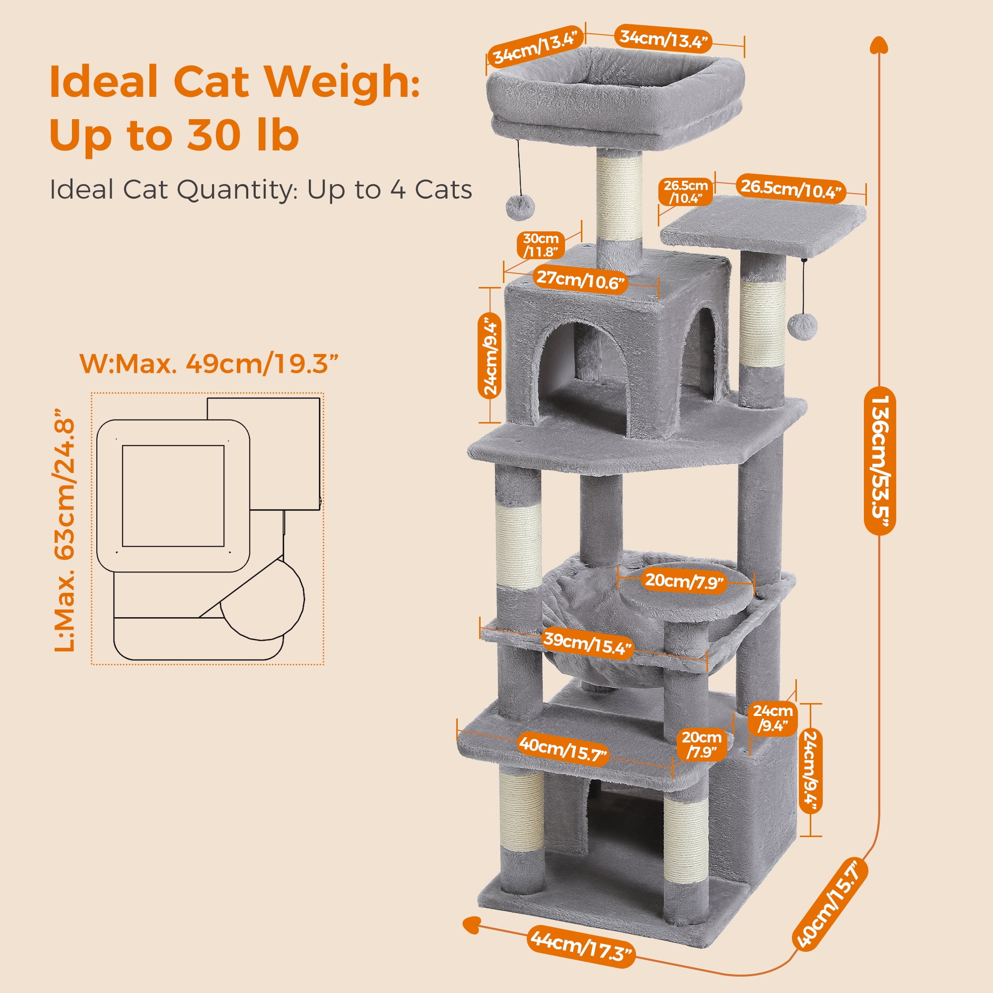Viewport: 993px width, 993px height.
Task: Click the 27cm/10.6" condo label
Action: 581,280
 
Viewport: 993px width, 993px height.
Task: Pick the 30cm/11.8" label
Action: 541,245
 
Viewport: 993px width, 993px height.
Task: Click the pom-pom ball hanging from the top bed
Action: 520,208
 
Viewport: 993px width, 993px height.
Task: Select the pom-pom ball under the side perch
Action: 802,325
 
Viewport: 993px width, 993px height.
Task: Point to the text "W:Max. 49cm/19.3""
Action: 209,364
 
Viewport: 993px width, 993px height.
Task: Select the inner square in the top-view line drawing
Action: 173,496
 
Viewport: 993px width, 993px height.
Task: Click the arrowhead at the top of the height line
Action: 879,46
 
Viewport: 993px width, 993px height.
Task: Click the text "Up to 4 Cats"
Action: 389,190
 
